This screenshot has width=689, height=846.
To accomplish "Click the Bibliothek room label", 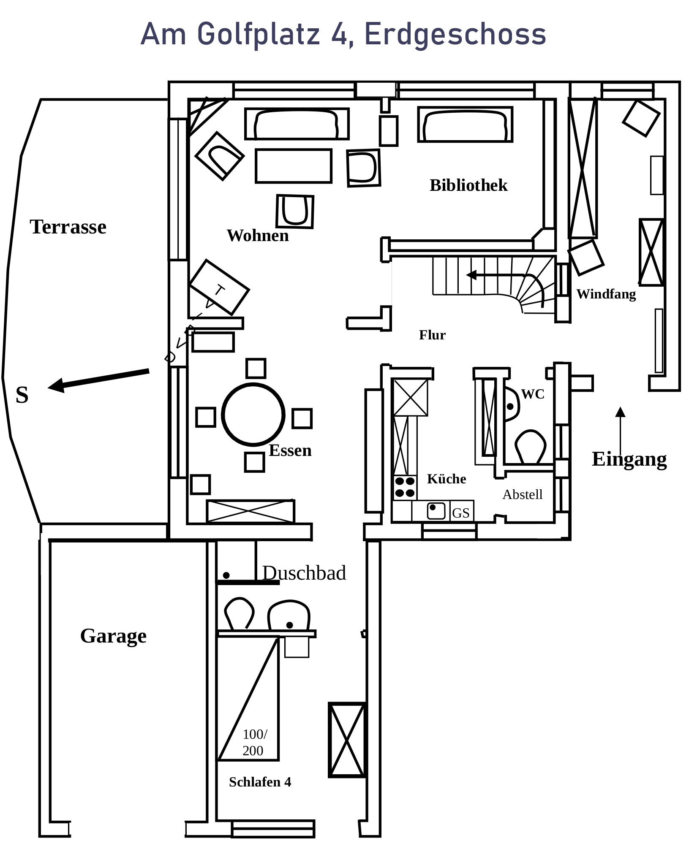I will coord(468,186).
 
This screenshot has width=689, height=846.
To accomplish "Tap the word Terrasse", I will coord(68,227).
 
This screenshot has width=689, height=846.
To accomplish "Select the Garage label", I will coord(113,636).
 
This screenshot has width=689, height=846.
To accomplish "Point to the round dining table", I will coord(253,415).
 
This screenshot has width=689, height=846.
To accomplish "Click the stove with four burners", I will coord(405,487).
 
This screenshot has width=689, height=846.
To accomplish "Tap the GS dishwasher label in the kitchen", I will coord(461,513).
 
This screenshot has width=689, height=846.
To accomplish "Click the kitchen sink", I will coord(436,511).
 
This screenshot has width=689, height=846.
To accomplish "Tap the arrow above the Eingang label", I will coord(620,431).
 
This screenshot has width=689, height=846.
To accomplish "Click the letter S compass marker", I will coord(22,395).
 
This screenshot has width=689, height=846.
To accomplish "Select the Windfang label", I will coord(606,294).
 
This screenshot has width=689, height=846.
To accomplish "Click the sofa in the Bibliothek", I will coord(465,124).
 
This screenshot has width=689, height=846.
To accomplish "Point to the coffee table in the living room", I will coord(294,165).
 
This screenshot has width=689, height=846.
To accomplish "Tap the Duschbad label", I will coord(304,573).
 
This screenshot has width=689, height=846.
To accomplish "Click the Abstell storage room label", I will coord(522,494).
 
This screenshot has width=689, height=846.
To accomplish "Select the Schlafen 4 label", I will coord(260,782).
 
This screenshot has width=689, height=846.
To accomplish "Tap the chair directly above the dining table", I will coord(256,368).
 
